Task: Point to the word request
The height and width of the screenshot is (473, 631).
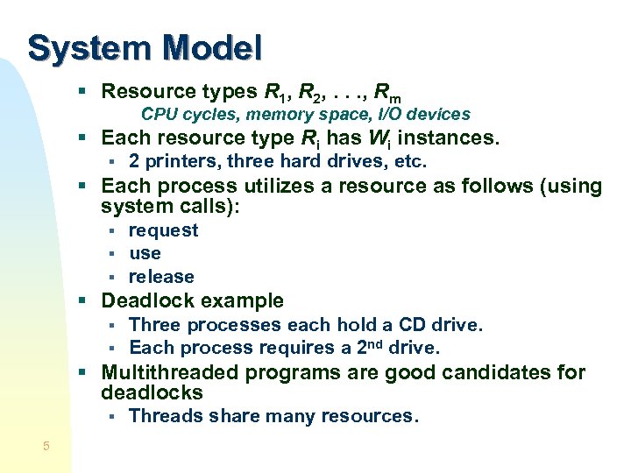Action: click(163, 230)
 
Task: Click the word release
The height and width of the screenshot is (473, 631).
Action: click(161, 277)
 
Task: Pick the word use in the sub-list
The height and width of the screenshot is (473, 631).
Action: click(145, 253)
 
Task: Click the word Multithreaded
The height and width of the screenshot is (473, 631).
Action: click(171, 372)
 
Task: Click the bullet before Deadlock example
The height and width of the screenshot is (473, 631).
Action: click(82, 301)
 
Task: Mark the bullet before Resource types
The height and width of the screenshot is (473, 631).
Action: click(82, 91)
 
